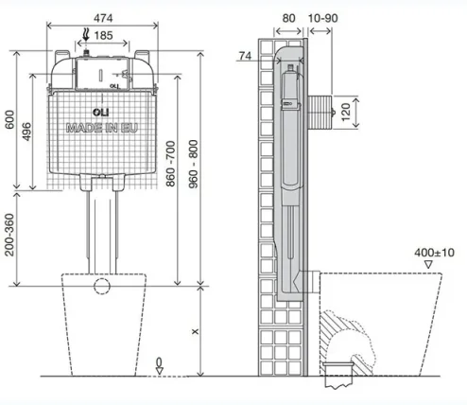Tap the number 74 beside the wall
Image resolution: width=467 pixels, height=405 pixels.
pos(244,57)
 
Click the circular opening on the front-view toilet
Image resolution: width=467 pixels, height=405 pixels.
pos(103,286)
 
